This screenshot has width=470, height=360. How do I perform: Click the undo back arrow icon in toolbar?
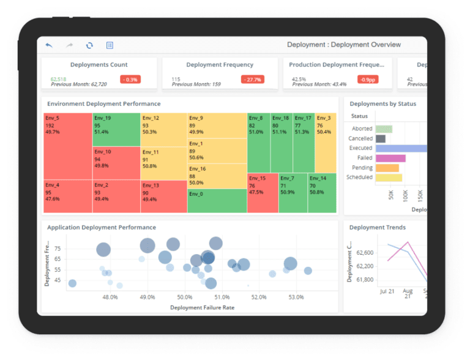(49, 45)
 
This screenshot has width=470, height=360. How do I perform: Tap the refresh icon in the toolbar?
(89, 45)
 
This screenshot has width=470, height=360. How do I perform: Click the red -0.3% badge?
(130, 80)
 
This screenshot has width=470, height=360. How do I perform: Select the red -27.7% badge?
(252, 80)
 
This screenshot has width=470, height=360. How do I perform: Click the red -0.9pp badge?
(367, 80)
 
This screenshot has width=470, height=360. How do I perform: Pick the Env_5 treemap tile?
(67, 146)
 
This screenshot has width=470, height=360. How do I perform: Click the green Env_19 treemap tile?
(116, 129)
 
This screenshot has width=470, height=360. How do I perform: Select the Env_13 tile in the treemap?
(163, 196)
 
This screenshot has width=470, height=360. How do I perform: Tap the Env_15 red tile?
(263, 192)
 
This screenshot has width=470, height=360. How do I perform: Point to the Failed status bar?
(390, 158)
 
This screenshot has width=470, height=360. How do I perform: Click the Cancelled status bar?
(381, 138)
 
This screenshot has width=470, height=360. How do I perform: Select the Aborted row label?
(362, 129)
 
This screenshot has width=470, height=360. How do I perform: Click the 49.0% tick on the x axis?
(147, 298)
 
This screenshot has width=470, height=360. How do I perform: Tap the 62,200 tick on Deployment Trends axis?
(364, 266)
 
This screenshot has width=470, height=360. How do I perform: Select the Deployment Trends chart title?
(377, 228)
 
